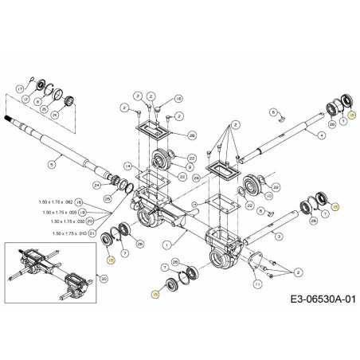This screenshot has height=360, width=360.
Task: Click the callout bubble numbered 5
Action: tap(52, 165)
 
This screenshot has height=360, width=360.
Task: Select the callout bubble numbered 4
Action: tap(321, 135)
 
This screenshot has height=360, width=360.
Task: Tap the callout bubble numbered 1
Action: tap(166, 243)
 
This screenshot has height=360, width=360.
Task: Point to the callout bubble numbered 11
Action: tap(256, 284)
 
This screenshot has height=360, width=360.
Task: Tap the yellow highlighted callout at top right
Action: tap(352, 115)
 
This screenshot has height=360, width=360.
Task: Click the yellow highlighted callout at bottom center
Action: tap(155, 295)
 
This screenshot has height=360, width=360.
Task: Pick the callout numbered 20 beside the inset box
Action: tap(104, 278)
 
